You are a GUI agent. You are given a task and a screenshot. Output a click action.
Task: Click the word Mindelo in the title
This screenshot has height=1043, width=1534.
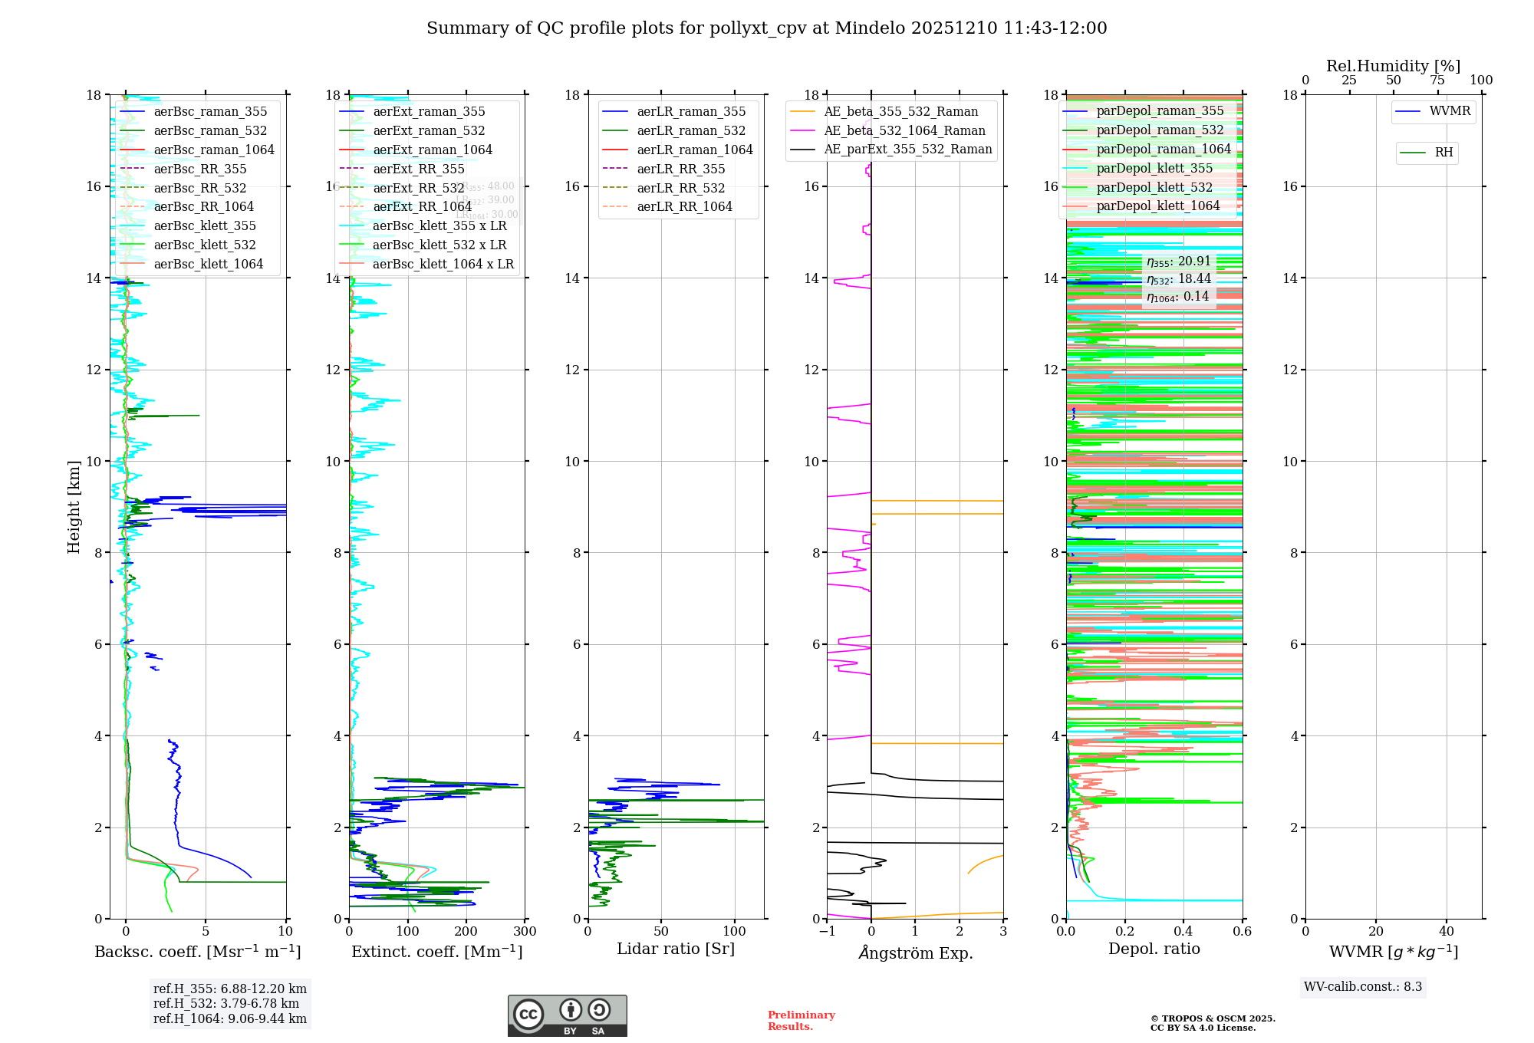870,28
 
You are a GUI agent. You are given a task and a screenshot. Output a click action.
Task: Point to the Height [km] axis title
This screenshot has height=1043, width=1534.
74,507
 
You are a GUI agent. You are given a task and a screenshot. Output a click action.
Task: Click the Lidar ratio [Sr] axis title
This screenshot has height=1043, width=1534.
675,949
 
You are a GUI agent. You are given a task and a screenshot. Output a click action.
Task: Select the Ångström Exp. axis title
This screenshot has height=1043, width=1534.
915,953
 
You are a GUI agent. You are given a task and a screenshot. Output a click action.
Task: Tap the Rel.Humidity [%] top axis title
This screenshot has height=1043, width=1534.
1393,66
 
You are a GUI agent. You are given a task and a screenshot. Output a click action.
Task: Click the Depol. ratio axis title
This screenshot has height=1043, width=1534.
1154,949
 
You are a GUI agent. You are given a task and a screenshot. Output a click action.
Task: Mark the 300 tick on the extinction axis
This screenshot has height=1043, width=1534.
525,932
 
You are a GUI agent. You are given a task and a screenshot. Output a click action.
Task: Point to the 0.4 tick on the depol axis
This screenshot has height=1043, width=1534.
1183,932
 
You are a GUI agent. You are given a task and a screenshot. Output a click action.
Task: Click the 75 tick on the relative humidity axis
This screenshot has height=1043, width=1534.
1437,81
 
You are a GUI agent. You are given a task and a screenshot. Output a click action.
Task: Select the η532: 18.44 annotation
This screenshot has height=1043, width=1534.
1179,280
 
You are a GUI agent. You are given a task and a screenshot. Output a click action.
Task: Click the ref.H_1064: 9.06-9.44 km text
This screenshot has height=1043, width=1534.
229,1019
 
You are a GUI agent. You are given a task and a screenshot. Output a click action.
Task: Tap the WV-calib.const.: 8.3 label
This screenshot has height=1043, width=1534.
1363,987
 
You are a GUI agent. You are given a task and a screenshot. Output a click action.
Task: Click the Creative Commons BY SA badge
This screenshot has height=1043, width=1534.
567,1016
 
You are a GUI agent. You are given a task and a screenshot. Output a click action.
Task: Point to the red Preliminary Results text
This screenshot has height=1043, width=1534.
801,1021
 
